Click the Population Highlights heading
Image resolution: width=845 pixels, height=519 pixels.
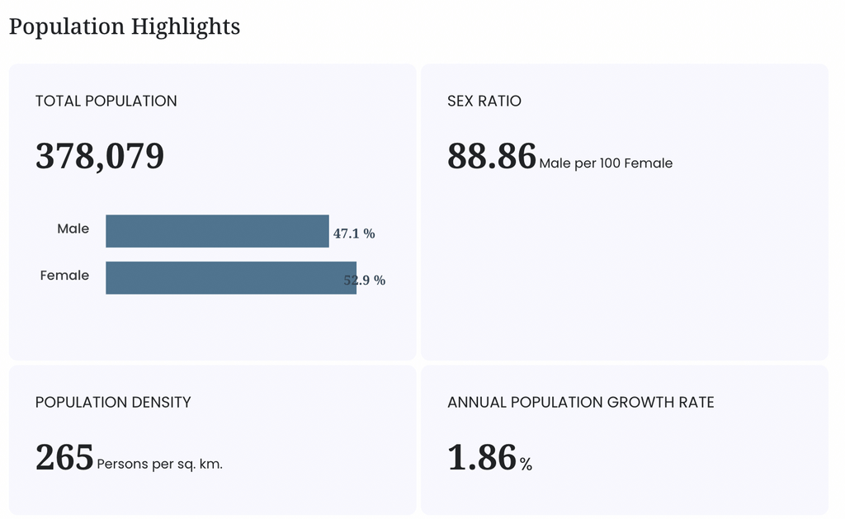(125, 27)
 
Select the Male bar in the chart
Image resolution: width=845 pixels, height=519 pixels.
(217, 231)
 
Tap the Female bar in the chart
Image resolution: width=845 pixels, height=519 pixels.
(231, 278)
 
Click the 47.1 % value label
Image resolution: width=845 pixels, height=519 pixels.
(354, 234)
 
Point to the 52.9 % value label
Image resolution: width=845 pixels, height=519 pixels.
(365, 281)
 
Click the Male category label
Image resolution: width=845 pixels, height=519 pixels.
(73, 229)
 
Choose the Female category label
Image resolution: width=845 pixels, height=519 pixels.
(64, 276)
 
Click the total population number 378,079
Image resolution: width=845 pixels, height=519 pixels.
(100, 156)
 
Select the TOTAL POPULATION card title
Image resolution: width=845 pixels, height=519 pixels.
(106, 101)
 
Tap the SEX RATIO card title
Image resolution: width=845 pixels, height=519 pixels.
(484, 101)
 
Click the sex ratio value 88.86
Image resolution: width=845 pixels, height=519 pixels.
(492, 156)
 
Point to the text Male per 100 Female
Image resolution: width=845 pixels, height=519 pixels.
(606, 163)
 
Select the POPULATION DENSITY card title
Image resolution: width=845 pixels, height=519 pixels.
(113, 402)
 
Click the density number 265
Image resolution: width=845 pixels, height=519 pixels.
(64, 457)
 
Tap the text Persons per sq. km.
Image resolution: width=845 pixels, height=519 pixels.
(159, 464)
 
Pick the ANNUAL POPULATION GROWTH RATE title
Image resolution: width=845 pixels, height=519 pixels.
(581, 402)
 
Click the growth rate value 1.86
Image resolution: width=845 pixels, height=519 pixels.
(482, 457)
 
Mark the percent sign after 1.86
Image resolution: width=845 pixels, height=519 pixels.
(526, 464)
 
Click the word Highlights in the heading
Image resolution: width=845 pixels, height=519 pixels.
(186, 27)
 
